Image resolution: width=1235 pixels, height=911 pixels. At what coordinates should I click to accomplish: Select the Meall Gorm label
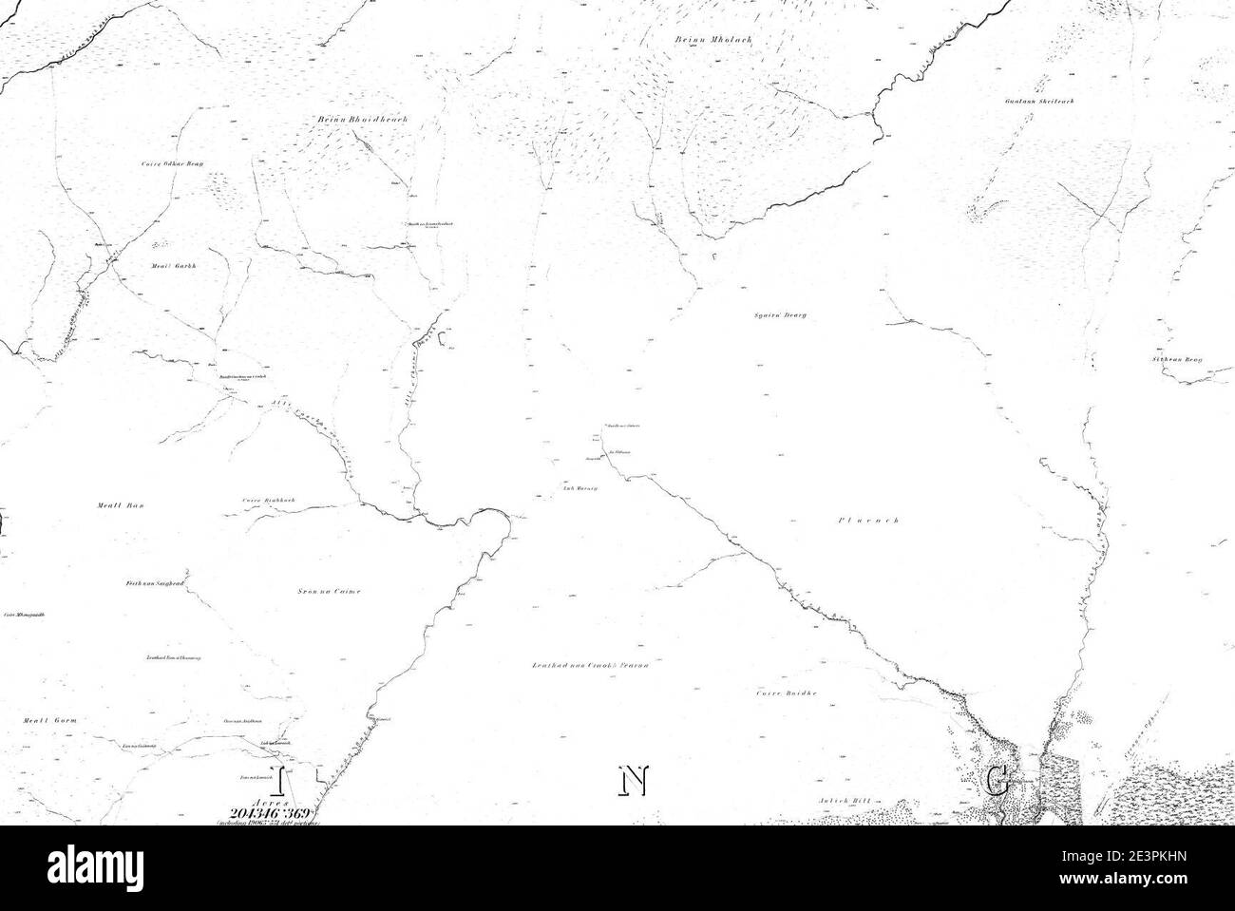[49, 721]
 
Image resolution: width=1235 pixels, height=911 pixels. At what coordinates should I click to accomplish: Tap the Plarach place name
[868, 521]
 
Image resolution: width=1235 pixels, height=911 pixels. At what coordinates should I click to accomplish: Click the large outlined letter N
[633, 781]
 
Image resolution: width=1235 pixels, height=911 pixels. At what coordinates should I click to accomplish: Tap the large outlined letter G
[997, 781]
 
